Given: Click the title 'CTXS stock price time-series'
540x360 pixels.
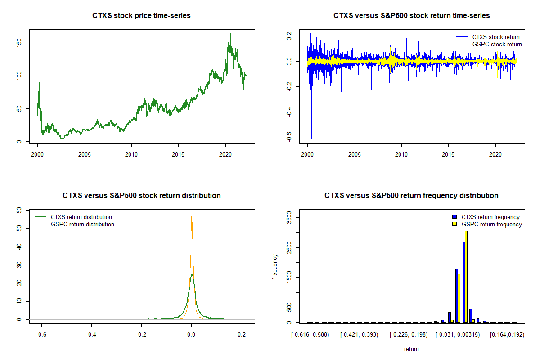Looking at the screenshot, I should [141, 16].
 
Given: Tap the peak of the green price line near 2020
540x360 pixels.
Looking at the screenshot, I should [230, 34].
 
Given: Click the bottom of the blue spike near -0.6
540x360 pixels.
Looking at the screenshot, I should [312, 139].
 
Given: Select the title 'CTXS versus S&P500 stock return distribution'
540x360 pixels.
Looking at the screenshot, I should [141, 196].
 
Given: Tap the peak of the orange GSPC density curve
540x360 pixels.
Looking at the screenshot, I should [192, 216].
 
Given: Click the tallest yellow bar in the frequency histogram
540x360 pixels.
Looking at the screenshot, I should [466, 274].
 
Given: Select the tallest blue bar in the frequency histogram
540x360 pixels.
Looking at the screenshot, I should [463, 282].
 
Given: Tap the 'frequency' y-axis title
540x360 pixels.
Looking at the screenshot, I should [275, 267].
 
